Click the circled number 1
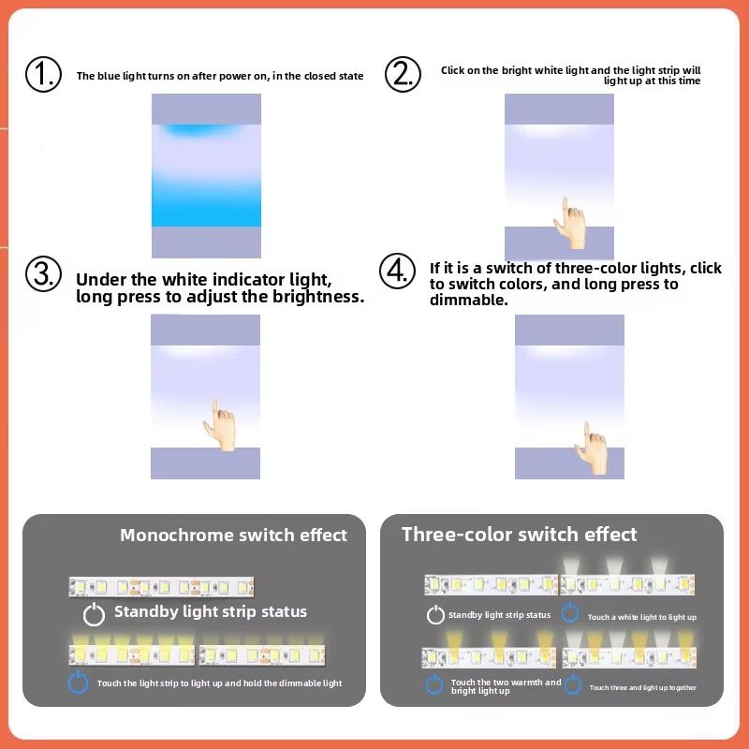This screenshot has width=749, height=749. [43, 74]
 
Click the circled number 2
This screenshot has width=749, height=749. [403, 74]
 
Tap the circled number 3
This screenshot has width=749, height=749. [43, 275]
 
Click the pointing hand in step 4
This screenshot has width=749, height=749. [594, 447]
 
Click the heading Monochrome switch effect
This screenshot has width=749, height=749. [233, 536]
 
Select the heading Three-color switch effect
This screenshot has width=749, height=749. [519, 535]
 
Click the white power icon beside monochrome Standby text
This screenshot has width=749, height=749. [94, 614]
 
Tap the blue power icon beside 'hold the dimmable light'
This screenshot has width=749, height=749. [79, 683]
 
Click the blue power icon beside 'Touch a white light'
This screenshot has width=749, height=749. [570, 613]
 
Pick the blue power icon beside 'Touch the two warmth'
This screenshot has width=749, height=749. [433, 684]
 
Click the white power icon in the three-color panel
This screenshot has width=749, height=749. [435, 615]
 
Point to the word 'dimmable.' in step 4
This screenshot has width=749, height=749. [468, 301]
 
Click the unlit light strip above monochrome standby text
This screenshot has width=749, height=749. [161, 587]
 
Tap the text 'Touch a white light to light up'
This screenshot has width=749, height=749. [641, 618]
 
